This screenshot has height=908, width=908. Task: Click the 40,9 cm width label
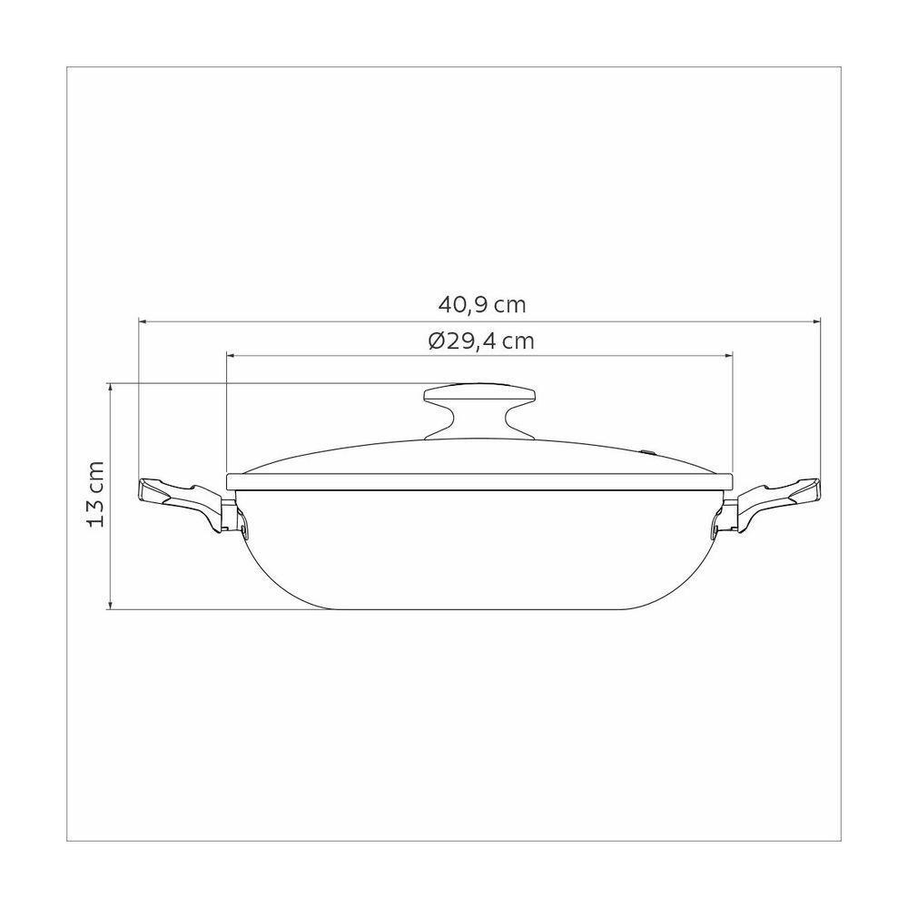point(479,305)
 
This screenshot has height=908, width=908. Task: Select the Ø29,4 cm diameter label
point(479,341)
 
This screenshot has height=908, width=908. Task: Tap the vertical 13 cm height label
point(98,495)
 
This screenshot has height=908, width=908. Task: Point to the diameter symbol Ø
point(434,341)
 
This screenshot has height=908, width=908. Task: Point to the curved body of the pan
point(479,554)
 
